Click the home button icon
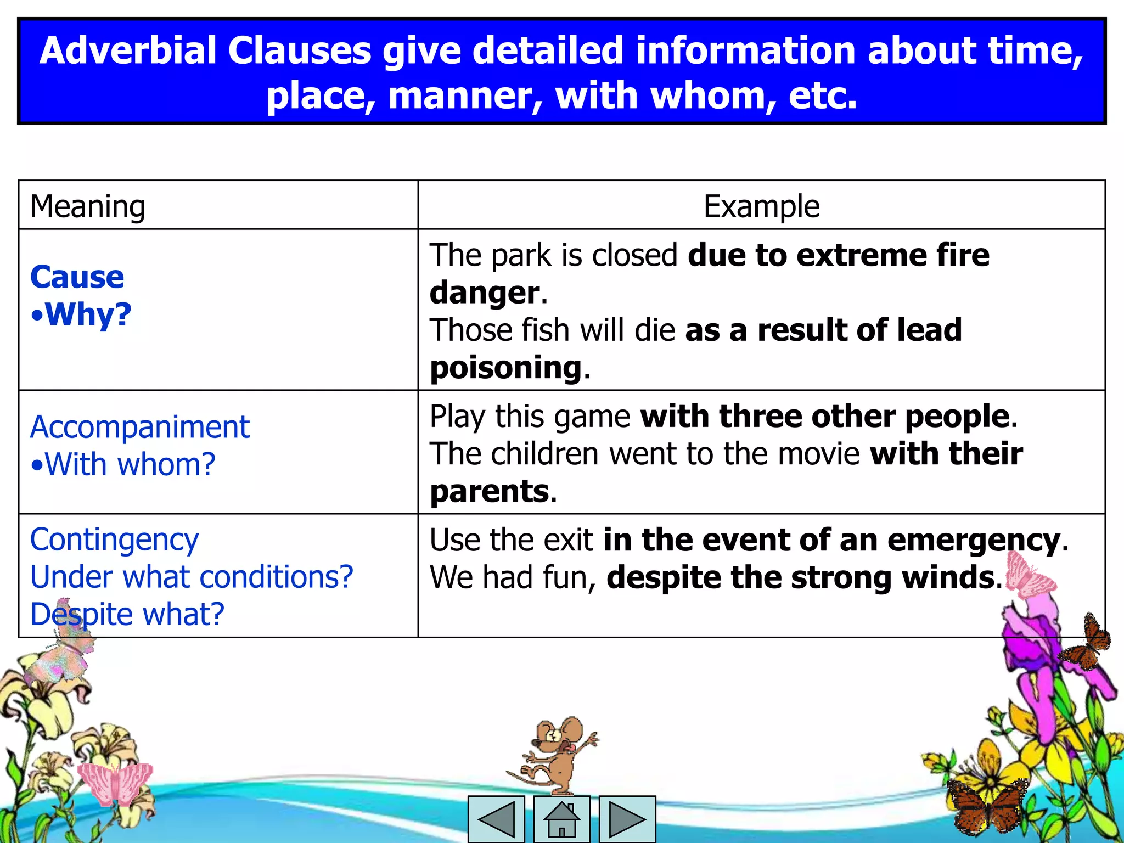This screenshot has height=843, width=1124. (x=561, y=819)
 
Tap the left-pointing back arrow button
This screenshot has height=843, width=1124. (x=496, y=819)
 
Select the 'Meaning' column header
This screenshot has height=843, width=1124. (x=88, y=206)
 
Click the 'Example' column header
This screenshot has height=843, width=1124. (x=761, y=206)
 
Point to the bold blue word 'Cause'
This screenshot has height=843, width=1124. (x=77, y=277)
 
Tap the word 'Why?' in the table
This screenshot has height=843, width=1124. (x=88, y=314)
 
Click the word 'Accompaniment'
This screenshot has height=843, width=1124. (x=140, y=427)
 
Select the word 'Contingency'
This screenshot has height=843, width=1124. (x=115, y=540)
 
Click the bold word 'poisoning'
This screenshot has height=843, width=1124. (x=505, y=367)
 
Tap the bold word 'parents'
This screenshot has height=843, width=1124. (x=490, y=491)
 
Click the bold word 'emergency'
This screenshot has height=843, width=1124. (x=974, y=541)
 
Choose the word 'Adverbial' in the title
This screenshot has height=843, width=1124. (x=128, y=50)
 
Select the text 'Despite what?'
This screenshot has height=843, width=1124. (x=127, y=614)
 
